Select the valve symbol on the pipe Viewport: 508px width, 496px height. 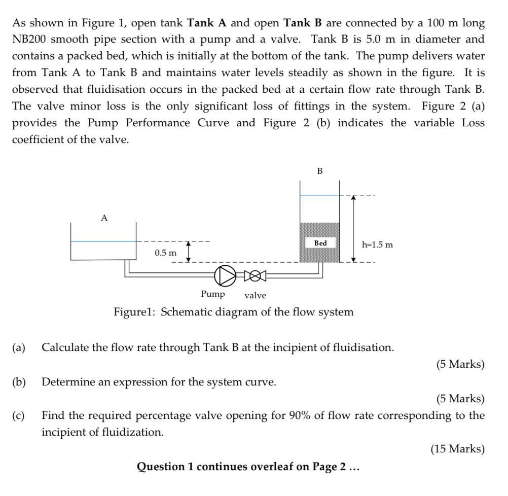[x=256, y=275]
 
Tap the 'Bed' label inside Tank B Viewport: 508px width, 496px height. [x=320, y=243]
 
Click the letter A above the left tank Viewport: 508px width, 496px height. [x=104, y=218]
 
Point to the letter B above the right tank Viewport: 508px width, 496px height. [x=320, y=171]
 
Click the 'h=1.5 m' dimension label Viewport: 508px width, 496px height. [x=377, y=244]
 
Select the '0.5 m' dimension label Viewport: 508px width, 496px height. [x=166, y=253]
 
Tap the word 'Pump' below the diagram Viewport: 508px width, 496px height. [x=212, y=294]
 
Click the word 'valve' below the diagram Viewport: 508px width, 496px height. [x=255, y=295]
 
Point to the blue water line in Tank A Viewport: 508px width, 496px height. [x=103, y=241]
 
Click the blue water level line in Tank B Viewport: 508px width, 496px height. [x=320, y=195]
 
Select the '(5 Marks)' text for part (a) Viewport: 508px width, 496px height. [x=460, y=364]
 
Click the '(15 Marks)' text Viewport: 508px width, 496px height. [x=457, y=449]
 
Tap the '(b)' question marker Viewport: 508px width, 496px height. [x=19, y=382]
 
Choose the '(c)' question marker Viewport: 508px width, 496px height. [x=19, y=416]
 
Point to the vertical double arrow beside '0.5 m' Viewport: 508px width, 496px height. [x=189, y=252]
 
